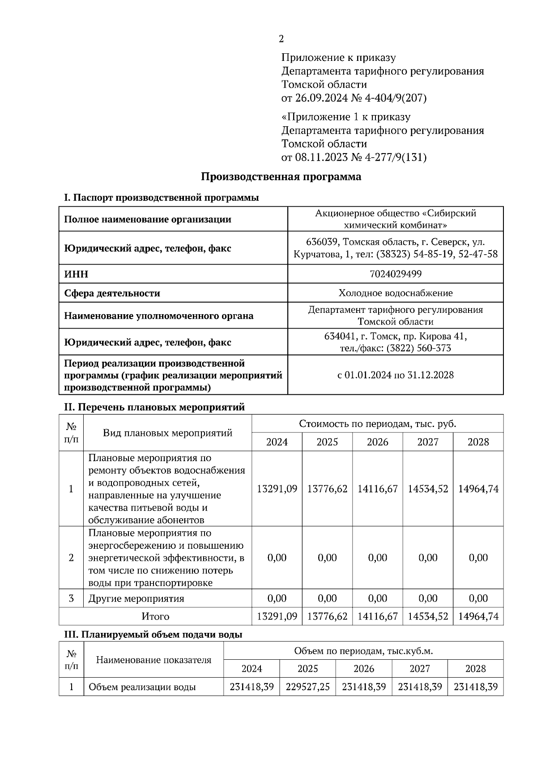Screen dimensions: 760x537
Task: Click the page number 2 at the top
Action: click(x=281, y=39)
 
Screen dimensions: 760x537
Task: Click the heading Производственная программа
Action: click(x=281, y=177)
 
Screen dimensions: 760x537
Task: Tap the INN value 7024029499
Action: click(x=395, y=274)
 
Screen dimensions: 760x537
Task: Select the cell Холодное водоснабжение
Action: click(x=395, y=293)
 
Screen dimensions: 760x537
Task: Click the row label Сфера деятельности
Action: click(x=112, y=293)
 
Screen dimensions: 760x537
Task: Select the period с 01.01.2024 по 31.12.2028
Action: click(x=395, y=375)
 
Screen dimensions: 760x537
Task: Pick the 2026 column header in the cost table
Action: click(x=377, y=442)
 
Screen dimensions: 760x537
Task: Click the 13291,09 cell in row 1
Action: click(x=277, y=489)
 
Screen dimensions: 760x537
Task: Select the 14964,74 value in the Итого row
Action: click(x=478, y=616)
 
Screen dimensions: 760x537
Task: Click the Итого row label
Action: click(x=155, y=616)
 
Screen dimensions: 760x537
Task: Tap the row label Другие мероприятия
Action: click(x=136, y=598)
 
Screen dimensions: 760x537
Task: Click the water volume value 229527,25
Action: click(x=307, y=687)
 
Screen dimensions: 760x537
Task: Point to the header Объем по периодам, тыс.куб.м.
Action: click(x=363, y=651)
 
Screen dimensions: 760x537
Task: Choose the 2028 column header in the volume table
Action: click(x=475, y=669)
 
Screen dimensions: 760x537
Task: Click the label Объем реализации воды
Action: click(x=142, y=687)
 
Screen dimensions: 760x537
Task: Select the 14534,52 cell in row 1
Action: click(x=428, y=489)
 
